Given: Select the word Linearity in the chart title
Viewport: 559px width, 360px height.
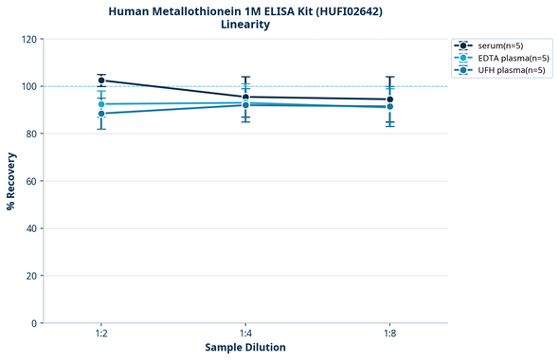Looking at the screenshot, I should (x=245, y=25).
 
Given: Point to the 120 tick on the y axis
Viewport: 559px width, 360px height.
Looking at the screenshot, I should (x=28, y=39).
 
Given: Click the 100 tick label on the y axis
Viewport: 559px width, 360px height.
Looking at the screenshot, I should (x=28, y=86).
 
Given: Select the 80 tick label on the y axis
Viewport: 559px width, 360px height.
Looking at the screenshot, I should (x=31, y=134).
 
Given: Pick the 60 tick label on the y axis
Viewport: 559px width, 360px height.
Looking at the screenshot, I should (x=31, y=181).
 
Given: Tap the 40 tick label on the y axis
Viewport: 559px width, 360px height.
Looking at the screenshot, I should (x=31, y=228).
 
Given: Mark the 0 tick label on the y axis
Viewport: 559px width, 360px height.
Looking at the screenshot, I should (x=34, y=323).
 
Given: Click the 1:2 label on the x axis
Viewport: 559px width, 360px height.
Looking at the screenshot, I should (x=101, y=334).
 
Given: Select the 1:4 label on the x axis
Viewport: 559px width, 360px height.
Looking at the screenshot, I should (x=245, y=334).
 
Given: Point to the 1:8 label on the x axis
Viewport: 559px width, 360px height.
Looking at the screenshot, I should (x=390, y=334).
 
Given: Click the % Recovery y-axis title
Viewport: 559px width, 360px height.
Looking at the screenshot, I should (x=11, y=181).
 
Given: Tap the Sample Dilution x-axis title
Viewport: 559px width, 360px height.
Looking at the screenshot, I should (x=245, y=348).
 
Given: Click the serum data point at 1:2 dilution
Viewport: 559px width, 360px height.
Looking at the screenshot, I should (x=101, y=81).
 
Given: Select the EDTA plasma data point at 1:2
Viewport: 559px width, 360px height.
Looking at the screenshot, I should (x=101, y=104).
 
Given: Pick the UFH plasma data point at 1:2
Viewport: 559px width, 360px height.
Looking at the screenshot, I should (x=101, y=114).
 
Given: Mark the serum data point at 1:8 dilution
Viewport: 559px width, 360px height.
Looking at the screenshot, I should (x=390, y=99).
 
